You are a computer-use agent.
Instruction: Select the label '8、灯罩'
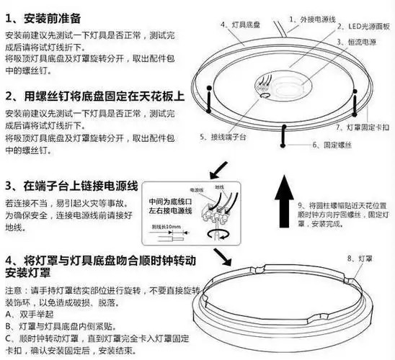358,257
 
